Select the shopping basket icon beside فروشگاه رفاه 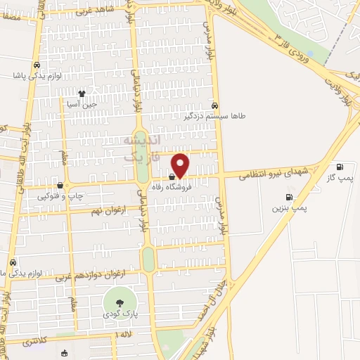tap(172, 178)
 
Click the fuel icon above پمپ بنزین tap(288, 197)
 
